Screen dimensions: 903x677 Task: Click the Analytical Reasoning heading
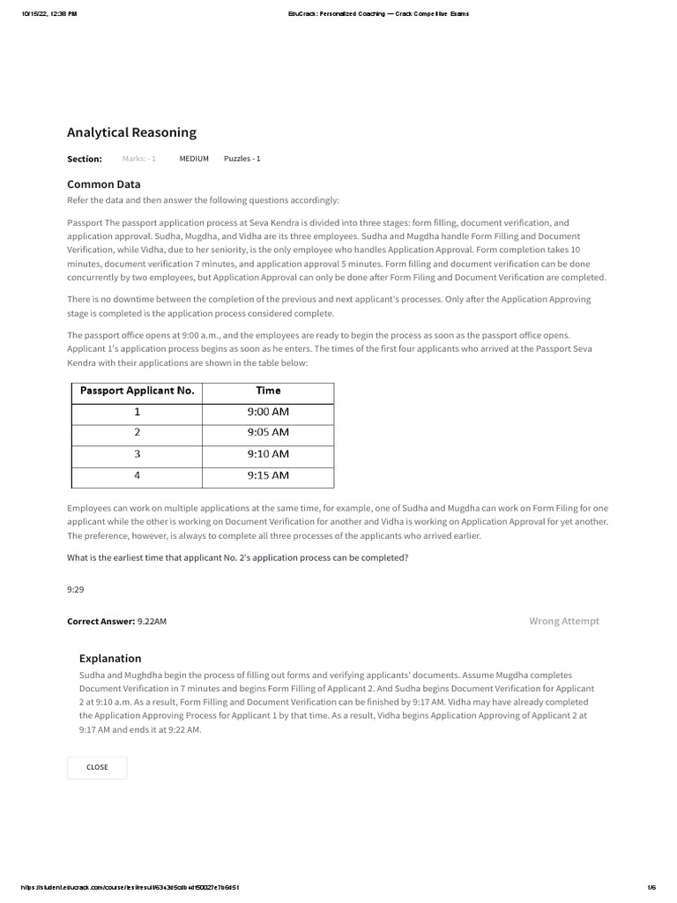click(x=131, y=133)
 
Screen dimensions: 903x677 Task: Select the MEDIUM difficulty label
click(x=194, y=159)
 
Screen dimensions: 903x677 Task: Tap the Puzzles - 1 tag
click(x=242, y=159)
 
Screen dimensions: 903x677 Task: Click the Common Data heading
click(x=103, y=184)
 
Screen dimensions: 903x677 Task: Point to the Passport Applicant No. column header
click(x=137, y=391)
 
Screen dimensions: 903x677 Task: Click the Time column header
click(x=268, y=391)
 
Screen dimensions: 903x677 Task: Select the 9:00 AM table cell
click(x=268, y=412)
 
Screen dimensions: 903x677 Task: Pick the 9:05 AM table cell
click(x=268, y=433)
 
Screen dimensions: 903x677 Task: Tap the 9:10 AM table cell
click(x=268, y=454)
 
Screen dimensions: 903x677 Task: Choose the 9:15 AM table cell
click(x=268, y=475)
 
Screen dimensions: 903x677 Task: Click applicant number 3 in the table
click(x=137, y=454)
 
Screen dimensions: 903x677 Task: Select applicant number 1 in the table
click(x=137, y=412)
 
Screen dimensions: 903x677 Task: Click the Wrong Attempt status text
click(x=563, y=621)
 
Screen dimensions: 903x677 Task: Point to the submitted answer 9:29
click(x=76, y=589)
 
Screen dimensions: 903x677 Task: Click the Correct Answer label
click(x=100, y=621)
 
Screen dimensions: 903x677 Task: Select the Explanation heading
click(x=110, y=658)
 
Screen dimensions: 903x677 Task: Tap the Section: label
click(x=85, y=159)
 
